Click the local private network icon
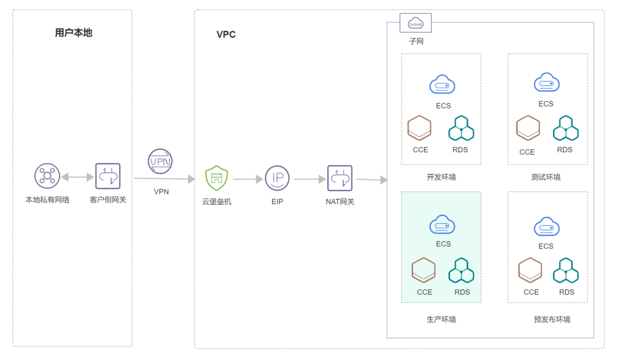point(47,176)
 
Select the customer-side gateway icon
point(108,176)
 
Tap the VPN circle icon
point(160,162)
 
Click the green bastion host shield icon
point(216,178)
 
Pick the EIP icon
point(277,178)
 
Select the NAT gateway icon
point(340,178)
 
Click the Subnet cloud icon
point(416,23)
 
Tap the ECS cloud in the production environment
point(443,225)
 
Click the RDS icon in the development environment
point(461,128)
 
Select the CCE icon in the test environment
point(528,128)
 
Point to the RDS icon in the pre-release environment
point(566,270)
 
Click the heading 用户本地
point(73,33)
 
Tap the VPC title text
point(226,35)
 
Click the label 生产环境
point(441,319)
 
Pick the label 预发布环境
point(552,319)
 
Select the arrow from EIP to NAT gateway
point(310,179)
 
